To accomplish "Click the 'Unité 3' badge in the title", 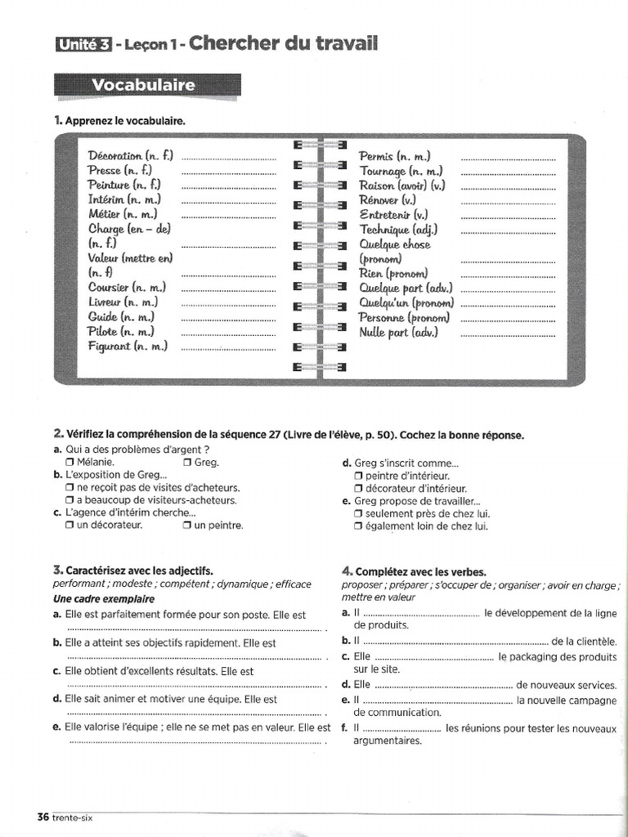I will [83, 45].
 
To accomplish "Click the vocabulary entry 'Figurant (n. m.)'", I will [127, 346].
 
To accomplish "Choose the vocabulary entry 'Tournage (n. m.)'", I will [401, 171].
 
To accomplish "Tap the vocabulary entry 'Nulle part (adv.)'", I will [398, 332].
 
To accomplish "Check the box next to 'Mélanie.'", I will [70, 462].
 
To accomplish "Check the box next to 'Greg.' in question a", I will [188, 462].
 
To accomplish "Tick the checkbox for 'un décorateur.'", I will [70, 526].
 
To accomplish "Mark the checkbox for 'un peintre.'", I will [188, 526].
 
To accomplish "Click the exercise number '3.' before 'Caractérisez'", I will [58, 570].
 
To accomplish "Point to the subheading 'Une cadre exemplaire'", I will [103, 599].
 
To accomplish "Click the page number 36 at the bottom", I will [43, 817].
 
